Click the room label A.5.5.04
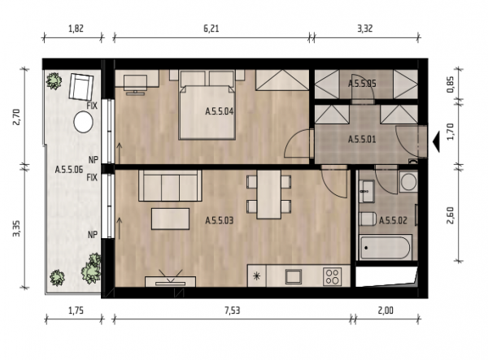(219, 111)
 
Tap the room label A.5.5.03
(219, 221)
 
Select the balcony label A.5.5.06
(69, 170)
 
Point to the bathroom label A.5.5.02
(393, 221)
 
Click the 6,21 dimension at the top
(211, 28)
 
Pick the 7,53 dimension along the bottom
(232, 310)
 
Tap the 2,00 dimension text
(386, 310)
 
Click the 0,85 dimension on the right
(451, 85)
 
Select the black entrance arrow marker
(436, 141)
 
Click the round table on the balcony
(84, 122)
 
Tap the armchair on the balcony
(81, 86)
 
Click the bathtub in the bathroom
(386, 248)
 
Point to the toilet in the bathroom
(368, 219)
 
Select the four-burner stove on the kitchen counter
(332, 276)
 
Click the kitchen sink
(294, 276)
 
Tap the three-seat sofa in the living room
(170, 185)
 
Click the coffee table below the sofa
(170, 219)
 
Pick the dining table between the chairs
(269, 194)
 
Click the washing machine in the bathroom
(408, 181)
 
